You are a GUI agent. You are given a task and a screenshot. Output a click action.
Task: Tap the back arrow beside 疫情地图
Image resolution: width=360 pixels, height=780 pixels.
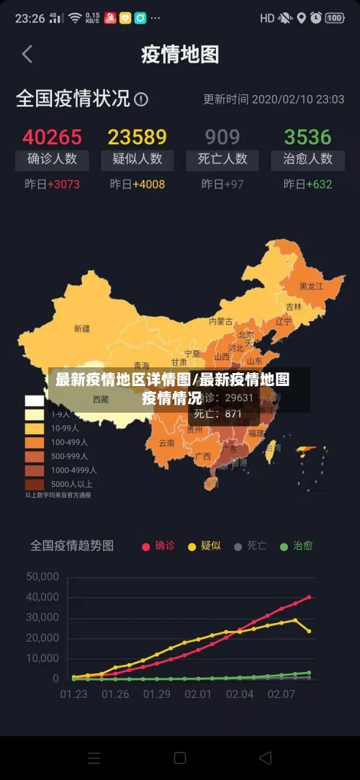27,54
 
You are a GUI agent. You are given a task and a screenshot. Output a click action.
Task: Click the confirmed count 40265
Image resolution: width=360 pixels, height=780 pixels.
52,137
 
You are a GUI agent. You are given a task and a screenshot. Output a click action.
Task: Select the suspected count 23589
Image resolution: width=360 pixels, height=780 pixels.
137,137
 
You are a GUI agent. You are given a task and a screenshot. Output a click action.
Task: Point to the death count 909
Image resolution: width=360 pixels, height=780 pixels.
222,137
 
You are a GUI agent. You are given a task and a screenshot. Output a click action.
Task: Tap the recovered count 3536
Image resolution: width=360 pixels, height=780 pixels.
307,137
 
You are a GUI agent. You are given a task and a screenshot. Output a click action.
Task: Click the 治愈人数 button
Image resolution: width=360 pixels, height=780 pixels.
307,159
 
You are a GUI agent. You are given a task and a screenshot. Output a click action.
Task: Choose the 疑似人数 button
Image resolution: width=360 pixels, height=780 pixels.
137,159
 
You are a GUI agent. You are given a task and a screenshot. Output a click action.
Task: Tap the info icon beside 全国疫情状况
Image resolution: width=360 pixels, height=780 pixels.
141,99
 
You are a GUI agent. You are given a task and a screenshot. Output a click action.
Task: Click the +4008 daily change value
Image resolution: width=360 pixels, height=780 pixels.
148,184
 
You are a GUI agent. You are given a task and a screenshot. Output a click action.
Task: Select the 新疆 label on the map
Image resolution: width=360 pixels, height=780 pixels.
82,328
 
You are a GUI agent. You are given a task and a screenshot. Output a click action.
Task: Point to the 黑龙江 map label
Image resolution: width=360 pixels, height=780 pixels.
311,286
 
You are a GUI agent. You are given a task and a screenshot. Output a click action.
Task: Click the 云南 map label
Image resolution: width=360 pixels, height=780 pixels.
166,443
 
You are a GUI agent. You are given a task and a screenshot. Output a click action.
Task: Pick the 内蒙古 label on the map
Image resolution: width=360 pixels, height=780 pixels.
221,321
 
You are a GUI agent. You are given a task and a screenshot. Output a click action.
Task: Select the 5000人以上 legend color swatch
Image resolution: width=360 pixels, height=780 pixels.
35,484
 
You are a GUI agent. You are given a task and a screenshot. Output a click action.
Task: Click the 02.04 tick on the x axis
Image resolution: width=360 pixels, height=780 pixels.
240,694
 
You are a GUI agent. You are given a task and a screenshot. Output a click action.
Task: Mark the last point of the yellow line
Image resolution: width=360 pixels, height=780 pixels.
309,631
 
